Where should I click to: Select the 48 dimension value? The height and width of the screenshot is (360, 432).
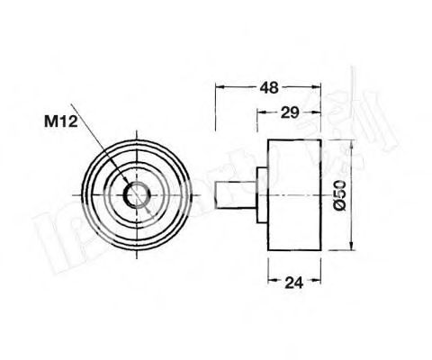tap(267, 87)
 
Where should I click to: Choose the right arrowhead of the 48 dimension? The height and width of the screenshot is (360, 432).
tap(317, 88)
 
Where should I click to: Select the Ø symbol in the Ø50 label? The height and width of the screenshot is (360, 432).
tap(339, 205)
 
